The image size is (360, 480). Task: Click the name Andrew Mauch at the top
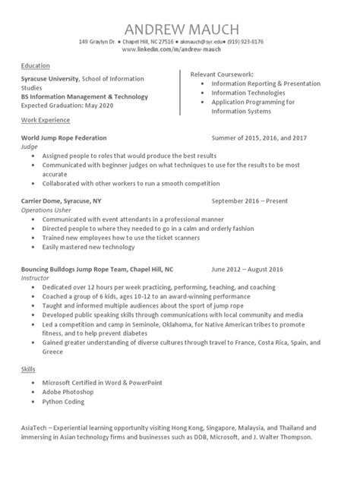tap(180, 28)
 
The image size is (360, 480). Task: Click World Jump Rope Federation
tap(64, 137)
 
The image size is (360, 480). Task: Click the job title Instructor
tap(35, 277)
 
